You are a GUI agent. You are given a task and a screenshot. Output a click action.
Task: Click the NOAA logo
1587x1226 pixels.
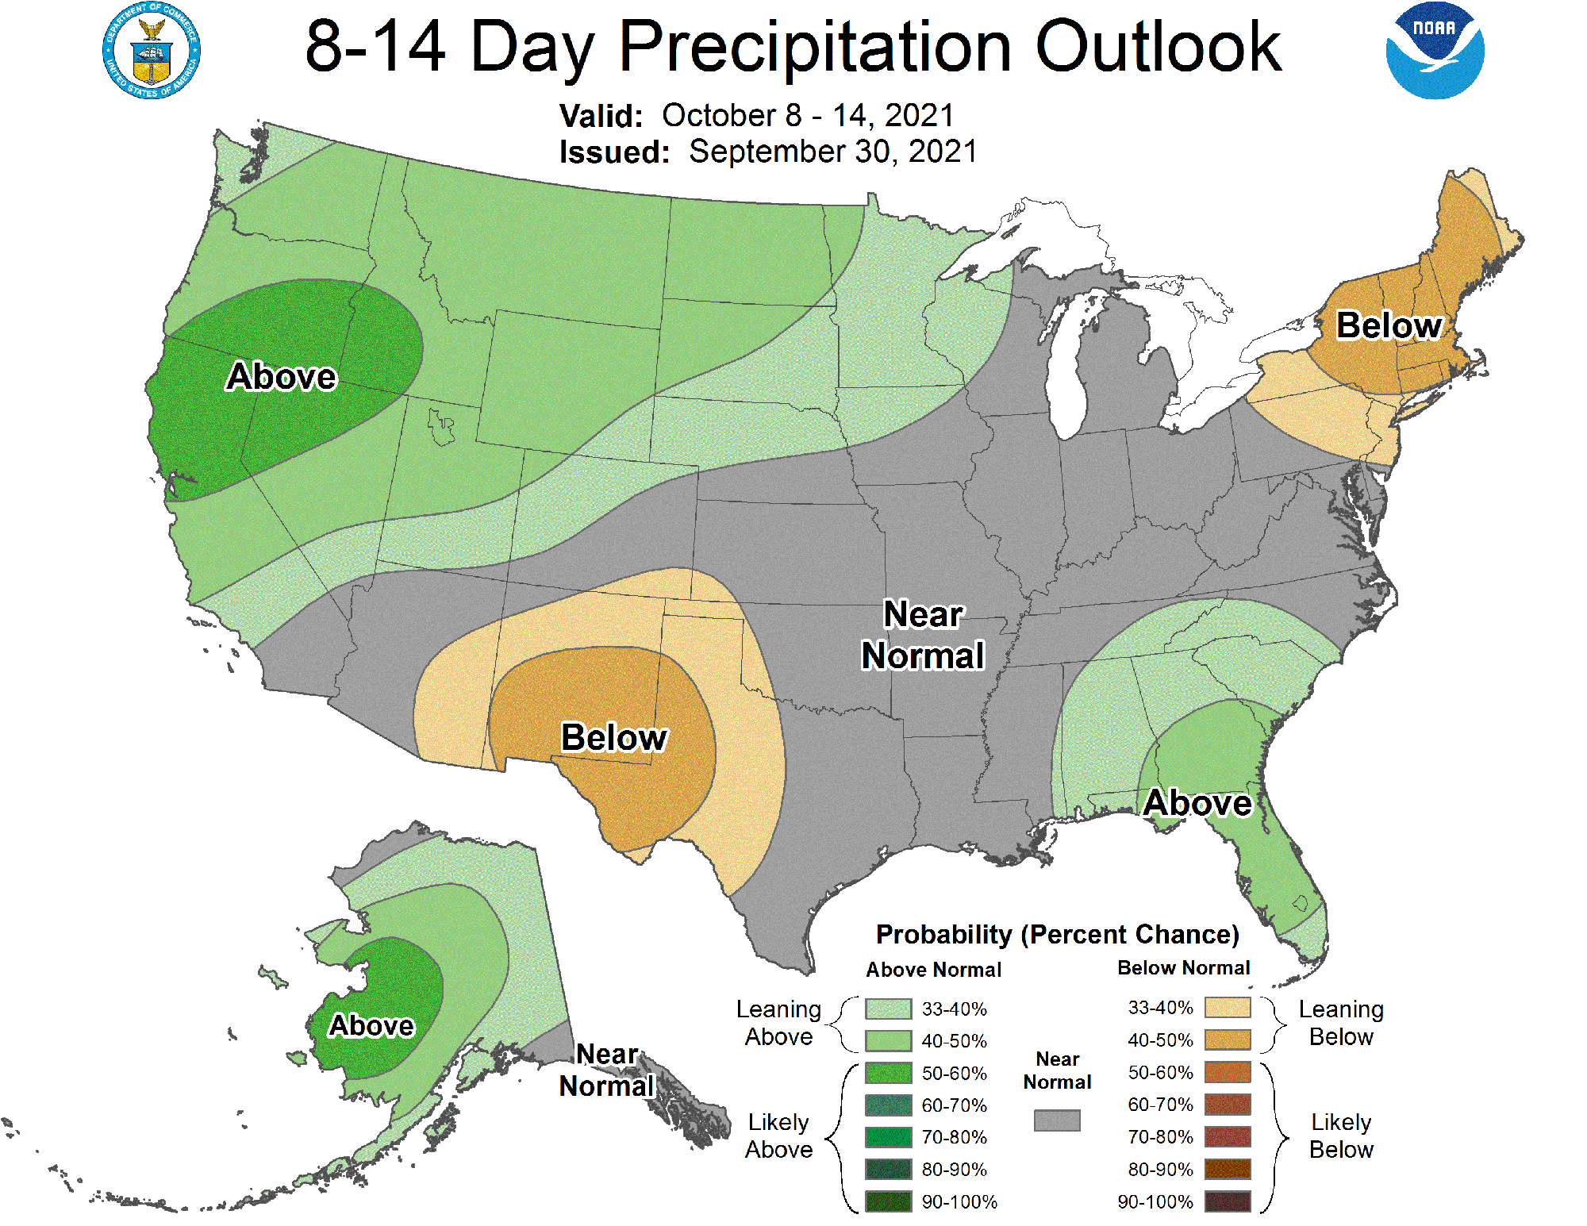tap(1435, 51)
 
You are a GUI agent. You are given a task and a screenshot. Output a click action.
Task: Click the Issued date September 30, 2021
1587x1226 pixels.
tap(832, 152)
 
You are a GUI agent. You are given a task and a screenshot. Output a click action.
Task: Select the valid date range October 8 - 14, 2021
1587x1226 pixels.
tap(808, 116)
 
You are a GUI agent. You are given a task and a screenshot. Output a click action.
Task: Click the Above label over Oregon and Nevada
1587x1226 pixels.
tap(282, 376)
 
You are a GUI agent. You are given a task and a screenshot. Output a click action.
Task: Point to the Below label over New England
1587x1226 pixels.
tap(1389, 325)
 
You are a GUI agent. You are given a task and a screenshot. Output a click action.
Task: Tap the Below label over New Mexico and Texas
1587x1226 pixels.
tap(614, 737)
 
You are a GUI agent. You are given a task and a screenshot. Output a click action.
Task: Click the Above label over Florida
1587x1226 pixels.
tap(1197, 803)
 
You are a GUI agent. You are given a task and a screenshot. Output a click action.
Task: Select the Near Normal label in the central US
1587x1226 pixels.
tap(923, 635)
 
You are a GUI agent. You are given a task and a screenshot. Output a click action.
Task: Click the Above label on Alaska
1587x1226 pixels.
tap(371, 1025)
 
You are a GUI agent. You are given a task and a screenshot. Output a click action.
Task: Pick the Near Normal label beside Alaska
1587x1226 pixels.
tap(607, 1070)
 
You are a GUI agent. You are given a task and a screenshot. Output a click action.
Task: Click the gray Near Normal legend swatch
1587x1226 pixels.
tap(1057, 1120)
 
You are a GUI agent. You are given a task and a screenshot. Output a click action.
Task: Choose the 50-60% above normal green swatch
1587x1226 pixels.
tap(888, 1073)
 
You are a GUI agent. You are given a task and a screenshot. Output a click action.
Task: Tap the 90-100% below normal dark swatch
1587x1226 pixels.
tap(1227, 1201)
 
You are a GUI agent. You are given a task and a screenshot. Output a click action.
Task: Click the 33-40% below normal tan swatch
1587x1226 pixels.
tap(1227, 1008)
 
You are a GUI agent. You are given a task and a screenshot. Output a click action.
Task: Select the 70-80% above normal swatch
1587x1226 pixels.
tap(888, 1137)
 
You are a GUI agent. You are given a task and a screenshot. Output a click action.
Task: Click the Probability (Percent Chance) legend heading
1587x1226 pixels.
tap(1057, 935)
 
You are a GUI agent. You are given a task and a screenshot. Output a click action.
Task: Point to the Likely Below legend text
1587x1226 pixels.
tap(1341, 1136)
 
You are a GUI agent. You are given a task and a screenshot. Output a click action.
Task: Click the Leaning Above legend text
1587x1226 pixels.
tap(778, 1023)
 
